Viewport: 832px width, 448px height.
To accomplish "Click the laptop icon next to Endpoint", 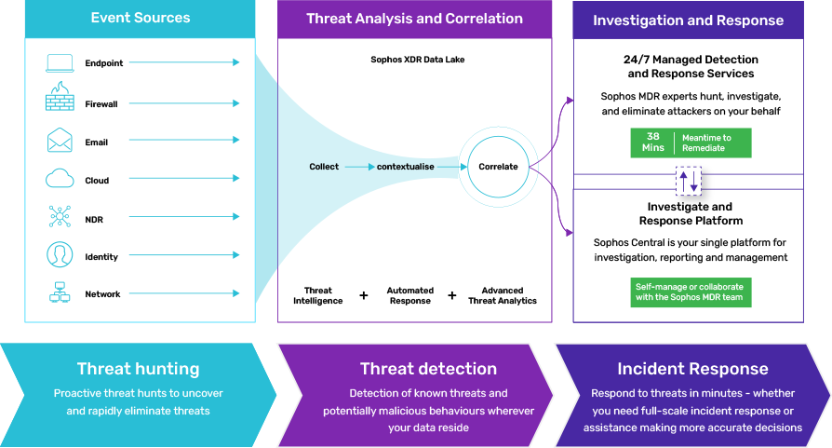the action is point(60,62).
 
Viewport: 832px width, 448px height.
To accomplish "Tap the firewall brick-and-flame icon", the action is point(60,96).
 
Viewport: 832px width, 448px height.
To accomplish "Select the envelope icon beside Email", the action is point(60,140).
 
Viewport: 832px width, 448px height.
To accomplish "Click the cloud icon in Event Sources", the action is point(60,178).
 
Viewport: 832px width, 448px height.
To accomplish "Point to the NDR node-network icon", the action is point(60,217).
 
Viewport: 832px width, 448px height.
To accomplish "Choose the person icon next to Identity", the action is point(60,254).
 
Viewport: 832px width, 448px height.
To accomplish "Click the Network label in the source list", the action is point(102,294).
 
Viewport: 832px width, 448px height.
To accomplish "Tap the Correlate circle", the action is point(498,166).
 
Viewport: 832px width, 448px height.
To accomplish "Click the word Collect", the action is point(324,167).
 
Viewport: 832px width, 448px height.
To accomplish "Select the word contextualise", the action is point(406,167).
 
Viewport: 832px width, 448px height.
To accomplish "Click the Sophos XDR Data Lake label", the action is point(418,60).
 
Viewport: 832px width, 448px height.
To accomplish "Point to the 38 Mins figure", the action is point(652,143).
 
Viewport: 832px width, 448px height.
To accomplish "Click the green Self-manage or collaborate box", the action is point(691,292).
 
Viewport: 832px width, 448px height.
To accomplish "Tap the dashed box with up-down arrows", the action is point(688,181).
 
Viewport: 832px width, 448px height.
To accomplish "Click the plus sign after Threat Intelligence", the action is point(364,295).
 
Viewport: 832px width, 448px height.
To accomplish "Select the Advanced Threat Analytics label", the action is point(502,295).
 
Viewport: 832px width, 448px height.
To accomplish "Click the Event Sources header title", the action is point(141,18).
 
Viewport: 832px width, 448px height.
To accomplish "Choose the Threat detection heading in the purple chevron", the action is point(428,369).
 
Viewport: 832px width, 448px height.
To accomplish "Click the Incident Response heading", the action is point(692,369).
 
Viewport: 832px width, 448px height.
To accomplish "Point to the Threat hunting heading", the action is point(138,369).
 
